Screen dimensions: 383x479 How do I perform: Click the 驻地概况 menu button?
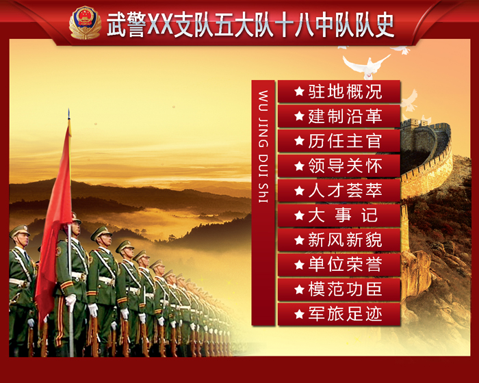pos(339,92)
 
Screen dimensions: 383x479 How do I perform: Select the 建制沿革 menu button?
pos(339,116)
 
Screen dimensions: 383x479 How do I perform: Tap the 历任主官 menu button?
pos(339,142)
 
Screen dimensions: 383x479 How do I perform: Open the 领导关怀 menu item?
pos(339,166)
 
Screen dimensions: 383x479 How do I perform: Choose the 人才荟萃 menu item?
pos(339,191)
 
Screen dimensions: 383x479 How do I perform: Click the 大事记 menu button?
pos(339,215)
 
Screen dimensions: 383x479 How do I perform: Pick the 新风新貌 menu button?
pos(339,240)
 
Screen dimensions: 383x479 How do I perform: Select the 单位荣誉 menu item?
pos(339,265)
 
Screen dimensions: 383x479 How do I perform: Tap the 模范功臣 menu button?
pos(339,289)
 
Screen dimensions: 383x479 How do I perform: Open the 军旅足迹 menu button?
pos(339,314)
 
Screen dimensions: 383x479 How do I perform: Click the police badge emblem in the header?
pos(85,23)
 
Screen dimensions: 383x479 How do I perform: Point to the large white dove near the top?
pos(366,64)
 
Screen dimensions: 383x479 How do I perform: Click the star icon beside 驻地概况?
pos(298,92)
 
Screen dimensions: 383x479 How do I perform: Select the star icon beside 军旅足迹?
pos(298,315)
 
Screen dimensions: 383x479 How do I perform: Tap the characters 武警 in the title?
pos(127,25)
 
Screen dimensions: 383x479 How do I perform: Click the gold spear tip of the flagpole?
pos(68,115)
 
